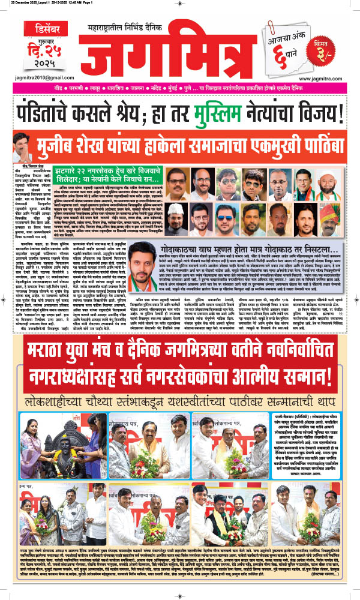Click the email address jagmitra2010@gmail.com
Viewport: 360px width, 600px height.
[x=39, y=78]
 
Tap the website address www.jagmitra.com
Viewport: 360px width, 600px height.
[x=325, y=78]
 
